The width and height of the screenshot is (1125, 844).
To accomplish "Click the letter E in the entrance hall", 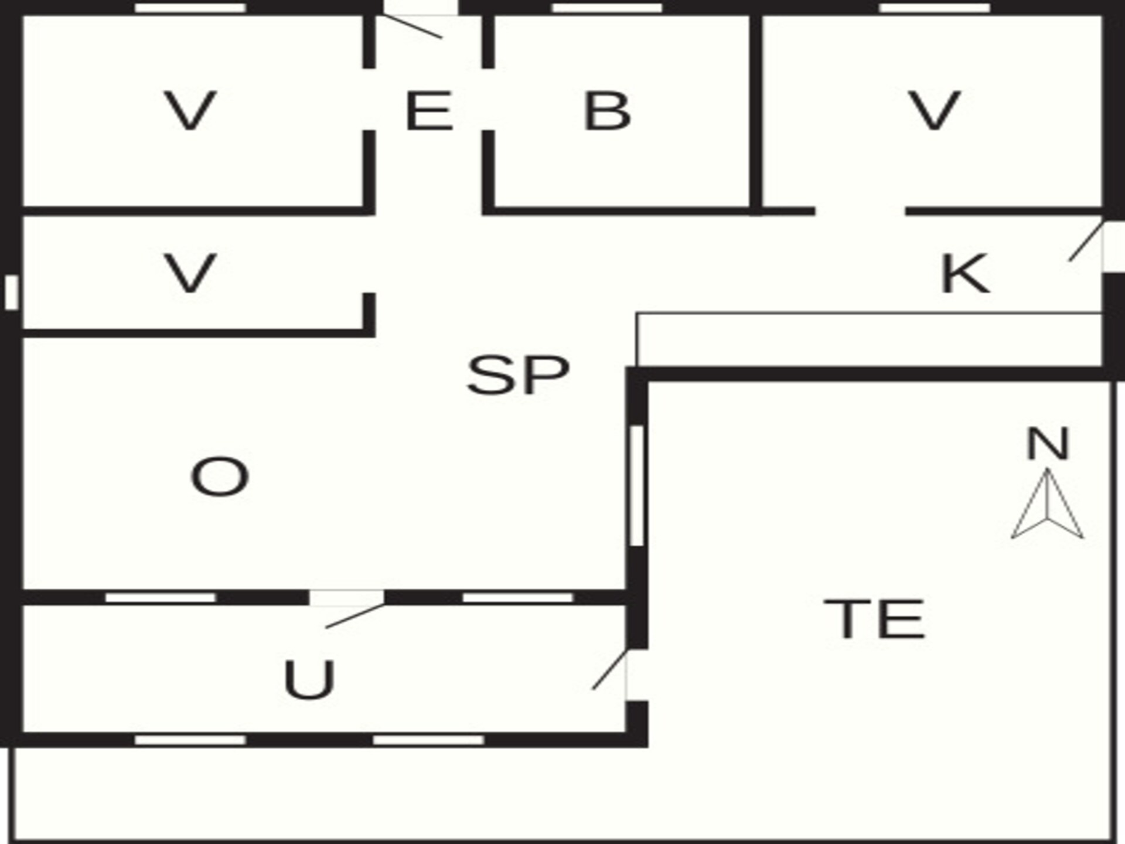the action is pyautogui.click(x=429, y=110).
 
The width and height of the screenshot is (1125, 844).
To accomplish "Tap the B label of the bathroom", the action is pyautogui.click(x=607, y=110).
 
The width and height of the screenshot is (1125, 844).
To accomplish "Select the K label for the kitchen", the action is pyautogui.click(x=964, y=273).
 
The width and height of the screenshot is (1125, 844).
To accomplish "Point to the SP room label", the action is pyautogui.click(x=518, y=375).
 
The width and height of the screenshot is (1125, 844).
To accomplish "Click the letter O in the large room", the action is pyautogui.click(x=220, y=477).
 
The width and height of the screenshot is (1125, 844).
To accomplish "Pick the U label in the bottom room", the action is pyautogui.click(x=309, y=679).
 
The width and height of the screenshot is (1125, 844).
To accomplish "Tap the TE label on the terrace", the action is pyautogui.click(x=874, y=619).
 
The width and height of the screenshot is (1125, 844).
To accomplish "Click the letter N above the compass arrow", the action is pyautogui.click(x=1048, y=444).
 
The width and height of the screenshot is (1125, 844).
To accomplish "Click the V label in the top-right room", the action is pyautogui.click(x=934, y=110).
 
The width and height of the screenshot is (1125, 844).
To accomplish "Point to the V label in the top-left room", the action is pyautogui.click(x=190, y=110).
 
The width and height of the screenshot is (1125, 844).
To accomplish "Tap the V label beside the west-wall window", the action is pyautogui.click(x=190, y=273).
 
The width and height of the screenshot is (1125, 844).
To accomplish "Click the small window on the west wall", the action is pyautogui.click(x=11, y=292).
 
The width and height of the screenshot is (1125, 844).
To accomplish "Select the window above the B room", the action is pyautogui.click(x=607, y=8).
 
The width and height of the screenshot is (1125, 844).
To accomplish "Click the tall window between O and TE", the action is pyautogui.click(x=637, y=486).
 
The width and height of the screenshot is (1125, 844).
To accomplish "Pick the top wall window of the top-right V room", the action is pyautogui.click(x=935, y=8).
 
